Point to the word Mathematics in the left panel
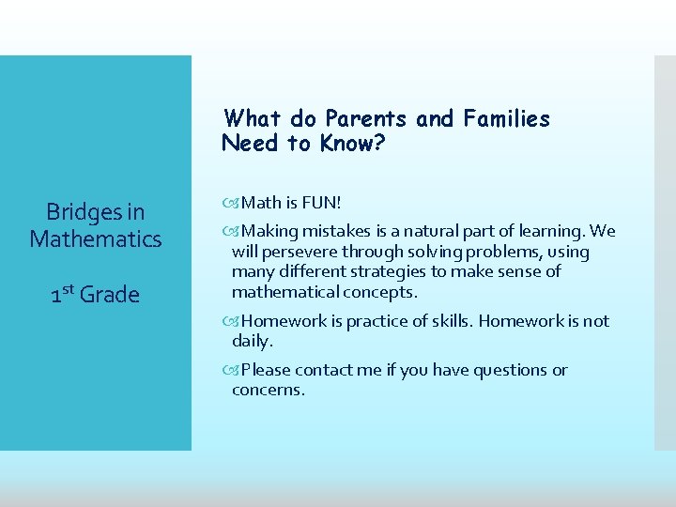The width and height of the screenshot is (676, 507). click(96, 239)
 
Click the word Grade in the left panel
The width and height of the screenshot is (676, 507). click(110, 295)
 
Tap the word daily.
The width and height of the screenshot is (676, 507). click(252, 341)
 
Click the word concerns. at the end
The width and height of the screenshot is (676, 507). click(269, 391)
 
